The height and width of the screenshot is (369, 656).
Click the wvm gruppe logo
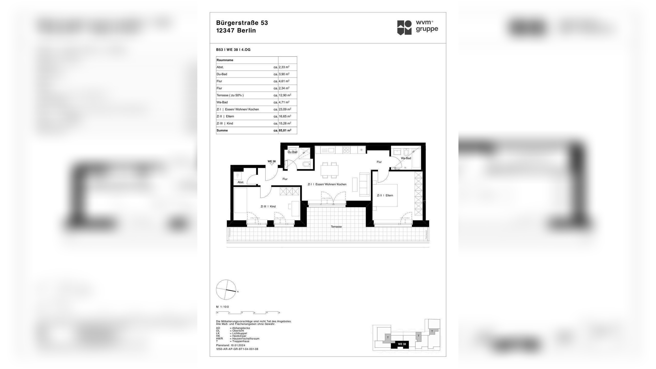point(417,27)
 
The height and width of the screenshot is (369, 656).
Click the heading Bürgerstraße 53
point(242,23)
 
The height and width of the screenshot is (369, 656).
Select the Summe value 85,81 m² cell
point(285,130)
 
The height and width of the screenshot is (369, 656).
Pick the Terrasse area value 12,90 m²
point(285,95)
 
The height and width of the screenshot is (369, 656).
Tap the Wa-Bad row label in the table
point(222,102)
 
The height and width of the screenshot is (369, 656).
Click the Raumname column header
point(225,60)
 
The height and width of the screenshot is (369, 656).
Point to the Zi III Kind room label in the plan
point(268,207)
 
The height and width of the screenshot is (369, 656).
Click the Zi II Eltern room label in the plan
point(385,196)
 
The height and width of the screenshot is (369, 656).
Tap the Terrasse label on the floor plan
point(336,227)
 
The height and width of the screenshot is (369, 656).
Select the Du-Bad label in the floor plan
point(292,152)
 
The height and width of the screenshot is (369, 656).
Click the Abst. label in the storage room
point(241,182)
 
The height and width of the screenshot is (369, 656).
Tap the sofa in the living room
point(364,184)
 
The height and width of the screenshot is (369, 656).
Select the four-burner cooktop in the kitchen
point(346,150)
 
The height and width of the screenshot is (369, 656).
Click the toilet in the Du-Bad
point(306,164)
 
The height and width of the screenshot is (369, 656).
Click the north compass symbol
point(226,290)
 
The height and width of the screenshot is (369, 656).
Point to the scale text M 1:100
point(222,307)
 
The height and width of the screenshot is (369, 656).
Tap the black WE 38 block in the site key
point(402,344)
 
